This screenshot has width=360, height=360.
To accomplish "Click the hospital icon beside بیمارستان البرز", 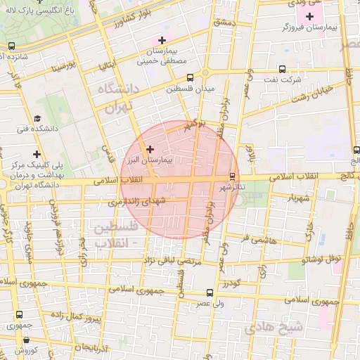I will point(149,148).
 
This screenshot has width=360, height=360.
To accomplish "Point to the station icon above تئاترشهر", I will point(233,176).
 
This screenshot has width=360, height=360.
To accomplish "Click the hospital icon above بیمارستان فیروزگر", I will point(309,15).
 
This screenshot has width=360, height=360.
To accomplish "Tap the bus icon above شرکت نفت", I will point(282,69).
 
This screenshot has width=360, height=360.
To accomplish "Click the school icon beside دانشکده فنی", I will point(37,119).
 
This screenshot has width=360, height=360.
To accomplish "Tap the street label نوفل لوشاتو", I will point(321,259).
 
